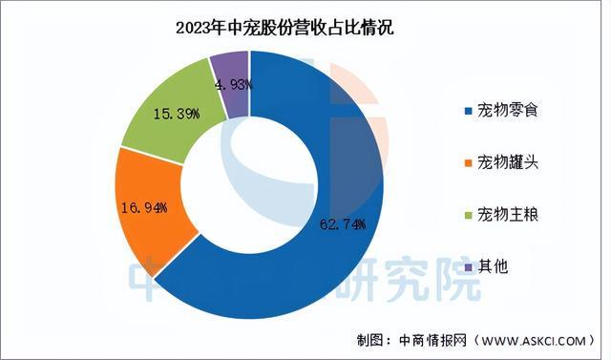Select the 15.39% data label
coord(176,115)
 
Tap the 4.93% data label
coord(233,84)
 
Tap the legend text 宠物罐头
coord(506,163)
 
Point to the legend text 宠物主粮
coord(506,215)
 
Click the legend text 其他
coord(493,266)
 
